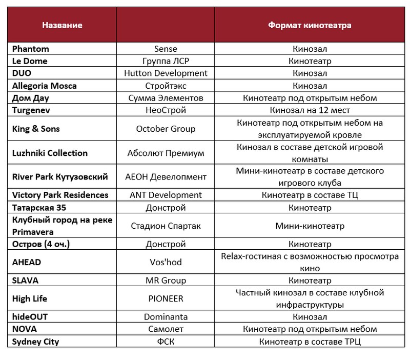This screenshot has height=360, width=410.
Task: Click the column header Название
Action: [x=62, y=25]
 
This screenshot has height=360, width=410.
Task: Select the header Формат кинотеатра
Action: [x=310, y=25]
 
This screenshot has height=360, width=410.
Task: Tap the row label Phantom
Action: [x=31, y=49]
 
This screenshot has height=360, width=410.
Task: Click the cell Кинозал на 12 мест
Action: [x=310, y=110]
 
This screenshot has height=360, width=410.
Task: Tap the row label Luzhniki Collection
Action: [x=50, y=153]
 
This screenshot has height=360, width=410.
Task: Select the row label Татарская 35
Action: [x=39, y=208]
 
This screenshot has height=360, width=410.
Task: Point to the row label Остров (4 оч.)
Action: [x=41, y=244]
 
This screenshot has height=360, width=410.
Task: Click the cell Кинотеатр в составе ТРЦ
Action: [x=310, y=342]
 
